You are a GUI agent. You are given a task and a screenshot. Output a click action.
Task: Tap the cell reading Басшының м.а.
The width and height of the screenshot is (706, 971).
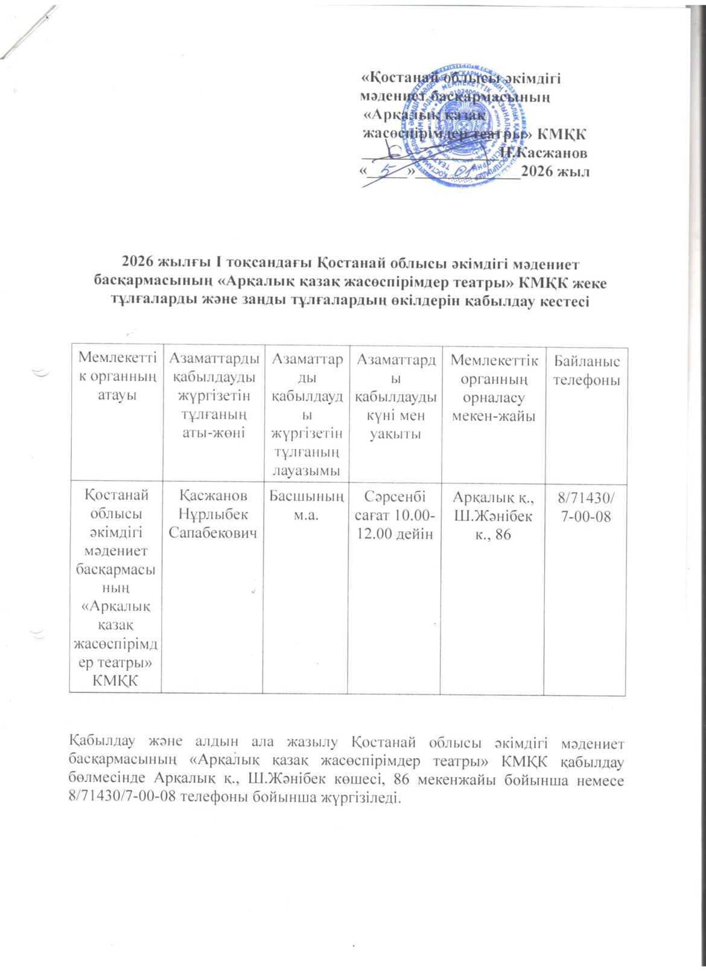click(x=307, y=505)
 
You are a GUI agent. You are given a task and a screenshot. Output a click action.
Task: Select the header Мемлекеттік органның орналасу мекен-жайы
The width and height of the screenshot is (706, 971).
click(x=494, y=388)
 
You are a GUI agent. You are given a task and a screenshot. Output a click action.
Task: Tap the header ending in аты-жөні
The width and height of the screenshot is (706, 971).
click(x=214, y=433)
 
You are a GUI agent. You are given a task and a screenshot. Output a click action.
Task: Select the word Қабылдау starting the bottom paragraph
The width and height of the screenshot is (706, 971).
click(x=97, y=741)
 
